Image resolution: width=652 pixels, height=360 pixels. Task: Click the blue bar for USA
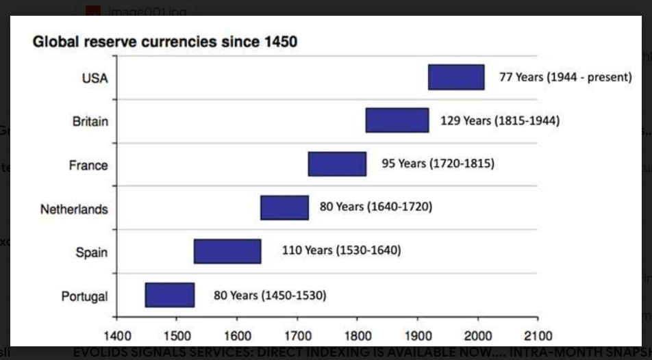pyautogui.click(x=456, y=77)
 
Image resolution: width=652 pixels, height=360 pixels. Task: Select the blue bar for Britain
pyautogui.click(x=397, y=120)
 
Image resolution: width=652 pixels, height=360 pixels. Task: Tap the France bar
pyautogui.click(x=337, y=164)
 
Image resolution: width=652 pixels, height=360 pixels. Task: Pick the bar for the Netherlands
pyautogui.click(x=284, y=207)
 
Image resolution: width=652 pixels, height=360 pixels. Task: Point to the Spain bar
pyautogui.click(x=227, y=251)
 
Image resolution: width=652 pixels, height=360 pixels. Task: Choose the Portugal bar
pyautogui.click(x=170, y=295)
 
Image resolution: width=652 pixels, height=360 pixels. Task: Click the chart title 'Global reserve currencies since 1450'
pyautogui.click(x=165, y=42)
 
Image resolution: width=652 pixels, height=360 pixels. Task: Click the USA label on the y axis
pyautogui.click(x=95, y=78)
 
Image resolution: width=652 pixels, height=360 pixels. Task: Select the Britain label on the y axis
pyautogui.click(x=90, y=122)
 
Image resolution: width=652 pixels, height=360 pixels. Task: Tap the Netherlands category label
pyautogui.click(x=74, y=209)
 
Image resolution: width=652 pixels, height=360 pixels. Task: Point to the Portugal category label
pyautogui.click(x=84, y=296)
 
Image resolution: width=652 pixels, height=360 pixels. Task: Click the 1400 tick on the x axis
pyautogui.click(x=116, y=336)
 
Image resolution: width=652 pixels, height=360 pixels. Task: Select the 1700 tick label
pyautogui.click(x=297, y=336)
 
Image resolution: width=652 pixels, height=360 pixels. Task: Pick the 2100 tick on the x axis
pyautogui.click(x=538, y=336)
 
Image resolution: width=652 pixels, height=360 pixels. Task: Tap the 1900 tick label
pyautogui.click(x=417, y=336)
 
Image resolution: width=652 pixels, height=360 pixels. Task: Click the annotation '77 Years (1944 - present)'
pyautogui.click(x=565, y=77)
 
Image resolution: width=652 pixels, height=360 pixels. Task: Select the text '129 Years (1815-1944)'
pyautogui.click(x=499, y=120)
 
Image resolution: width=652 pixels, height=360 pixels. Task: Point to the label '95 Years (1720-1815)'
pyautogui.click(x=438, y=164)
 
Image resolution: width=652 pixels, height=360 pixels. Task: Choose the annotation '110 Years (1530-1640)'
pyautogui.click(x=341, y=250)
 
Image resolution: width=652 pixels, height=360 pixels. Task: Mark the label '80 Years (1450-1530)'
pyautogui.click(x=269, y=295)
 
